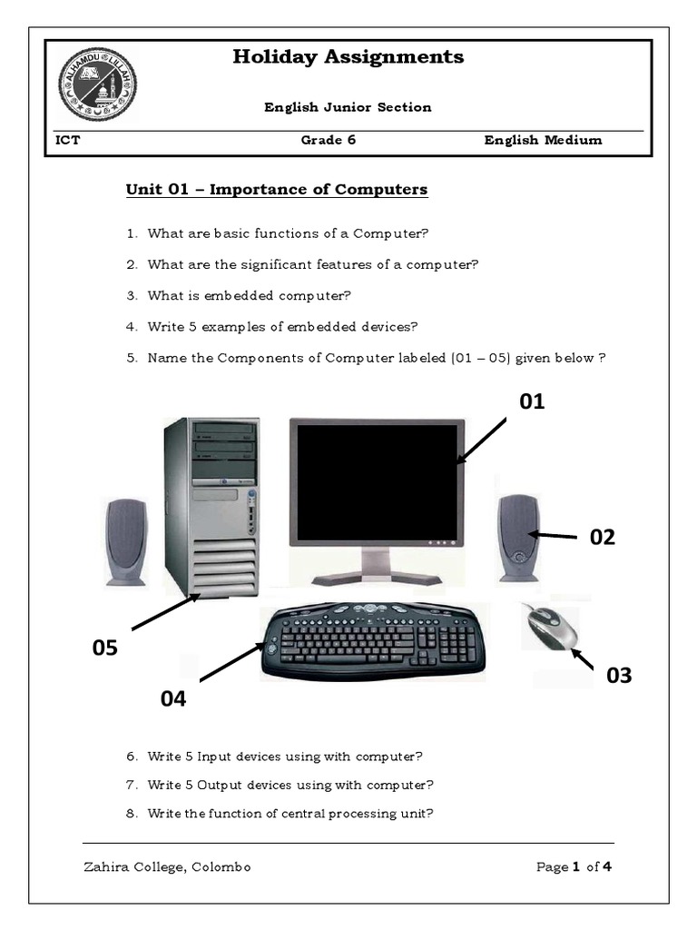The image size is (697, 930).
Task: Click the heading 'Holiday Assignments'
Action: coord(348,57)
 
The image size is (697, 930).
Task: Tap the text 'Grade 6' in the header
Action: coord(322,140)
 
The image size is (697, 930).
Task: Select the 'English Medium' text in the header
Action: coord(543,140)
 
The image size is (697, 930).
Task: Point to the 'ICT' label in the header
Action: coord(67,140)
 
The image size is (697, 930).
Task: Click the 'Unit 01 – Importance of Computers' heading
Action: coord(277,190)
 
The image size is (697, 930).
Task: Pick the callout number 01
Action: coord(532,401)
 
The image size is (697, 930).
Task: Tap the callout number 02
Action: coord(603,537)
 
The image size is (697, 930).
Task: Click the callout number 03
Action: coord(619,676)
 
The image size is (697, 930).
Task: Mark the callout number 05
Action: coord(105,648)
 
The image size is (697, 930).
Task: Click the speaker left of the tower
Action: coord(126,541)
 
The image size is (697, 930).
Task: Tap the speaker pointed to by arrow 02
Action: coord(518,538)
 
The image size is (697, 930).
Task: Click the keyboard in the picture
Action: coord(373,641)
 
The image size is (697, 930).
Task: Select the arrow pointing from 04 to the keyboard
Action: coord(230,663)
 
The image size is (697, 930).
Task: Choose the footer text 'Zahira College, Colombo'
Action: coord(167,867)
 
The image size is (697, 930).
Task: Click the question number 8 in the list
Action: coord(132,814)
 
